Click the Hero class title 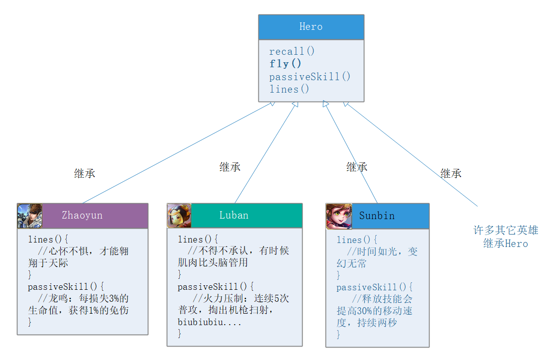(x=311, y=27)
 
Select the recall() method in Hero (x=292, y=51)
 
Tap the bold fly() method (x=286, y=64)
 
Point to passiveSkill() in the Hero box (x=310, y=77)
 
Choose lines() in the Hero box (x=289, y=89)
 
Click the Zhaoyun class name (x=82, y=215)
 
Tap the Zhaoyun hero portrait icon (x=30, y=216)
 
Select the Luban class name (x=234, y=215)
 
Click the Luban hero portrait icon (x=179, y=216)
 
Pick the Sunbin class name (x=377, y=216)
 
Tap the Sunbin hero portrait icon (x=339, y=216)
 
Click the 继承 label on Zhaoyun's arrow (x=85, y=173)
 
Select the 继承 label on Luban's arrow (x=230, y=167)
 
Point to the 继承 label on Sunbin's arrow (x=357, y=167)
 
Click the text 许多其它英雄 (x=506, y=231)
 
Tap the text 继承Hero (x=506, y=243)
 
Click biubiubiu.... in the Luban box (x=210, y=322)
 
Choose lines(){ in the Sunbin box (x=357, y=240)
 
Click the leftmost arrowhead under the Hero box (x=272, y=104)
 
